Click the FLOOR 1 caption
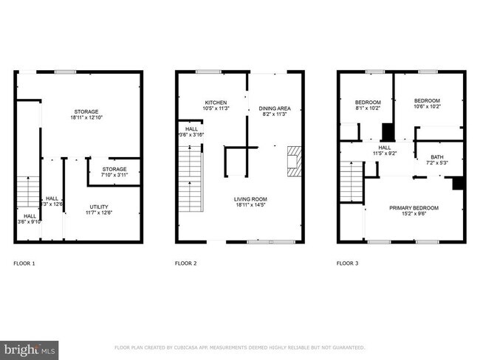coord(24,263)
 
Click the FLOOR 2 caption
coord(185,263)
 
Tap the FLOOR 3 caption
coord(347,263)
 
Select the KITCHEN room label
coord(216,103)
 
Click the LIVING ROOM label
coord(251,199)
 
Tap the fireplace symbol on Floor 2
coord(294,161)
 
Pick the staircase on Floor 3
coord(352,182)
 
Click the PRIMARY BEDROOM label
coord(414,208)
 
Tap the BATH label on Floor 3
coord(437,157)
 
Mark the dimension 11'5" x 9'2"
coord(384,153)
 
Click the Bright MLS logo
coord(30,347)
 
